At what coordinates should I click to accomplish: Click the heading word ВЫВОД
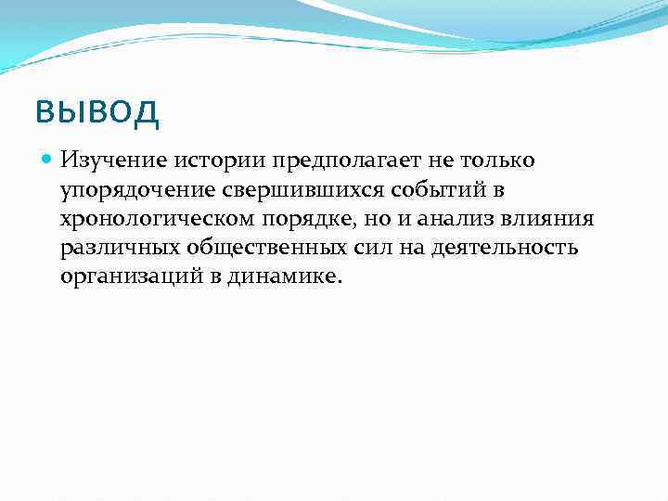(x=97, y=113)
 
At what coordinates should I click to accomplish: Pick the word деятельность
(x=502, y=248)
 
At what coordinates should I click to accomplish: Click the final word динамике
(x=284, y=277)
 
